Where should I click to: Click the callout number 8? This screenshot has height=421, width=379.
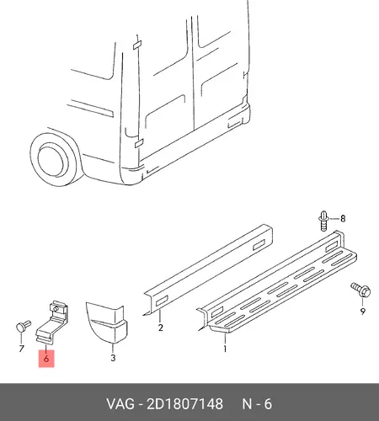pos(343,218)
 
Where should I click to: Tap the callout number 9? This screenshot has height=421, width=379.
pos(363,312)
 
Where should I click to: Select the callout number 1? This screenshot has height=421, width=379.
pos(225,349)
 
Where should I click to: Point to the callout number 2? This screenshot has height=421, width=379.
pos(160,328)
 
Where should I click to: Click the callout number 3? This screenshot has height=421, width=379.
pos(113,358)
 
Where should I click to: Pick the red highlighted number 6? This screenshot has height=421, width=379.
pos(46,359)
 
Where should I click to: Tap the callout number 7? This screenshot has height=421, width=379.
pos(22,349)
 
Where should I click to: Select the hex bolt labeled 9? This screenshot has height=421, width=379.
pos(360,290)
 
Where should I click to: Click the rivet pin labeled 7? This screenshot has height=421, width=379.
pos(24,326)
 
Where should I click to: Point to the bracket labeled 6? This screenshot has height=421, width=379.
pos(52,322)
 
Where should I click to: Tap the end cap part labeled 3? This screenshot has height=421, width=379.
pos(107,322)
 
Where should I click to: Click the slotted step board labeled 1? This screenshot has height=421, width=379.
pos(277,282)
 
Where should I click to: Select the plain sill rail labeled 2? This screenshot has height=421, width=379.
pos(208,270)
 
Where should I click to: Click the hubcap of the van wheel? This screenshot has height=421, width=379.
pos(52,160)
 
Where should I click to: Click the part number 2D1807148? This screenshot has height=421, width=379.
pos(185,404)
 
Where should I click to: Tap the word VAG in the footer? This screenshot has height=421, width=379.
pos(120,404)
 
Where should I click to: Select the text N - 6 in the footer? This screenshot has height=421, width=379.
pos(257,404)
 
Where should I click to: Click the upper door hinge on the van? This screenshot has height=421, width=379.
pos(137,45)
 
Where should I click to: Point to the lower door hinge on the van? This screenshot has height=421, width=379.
pos(139,143)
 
